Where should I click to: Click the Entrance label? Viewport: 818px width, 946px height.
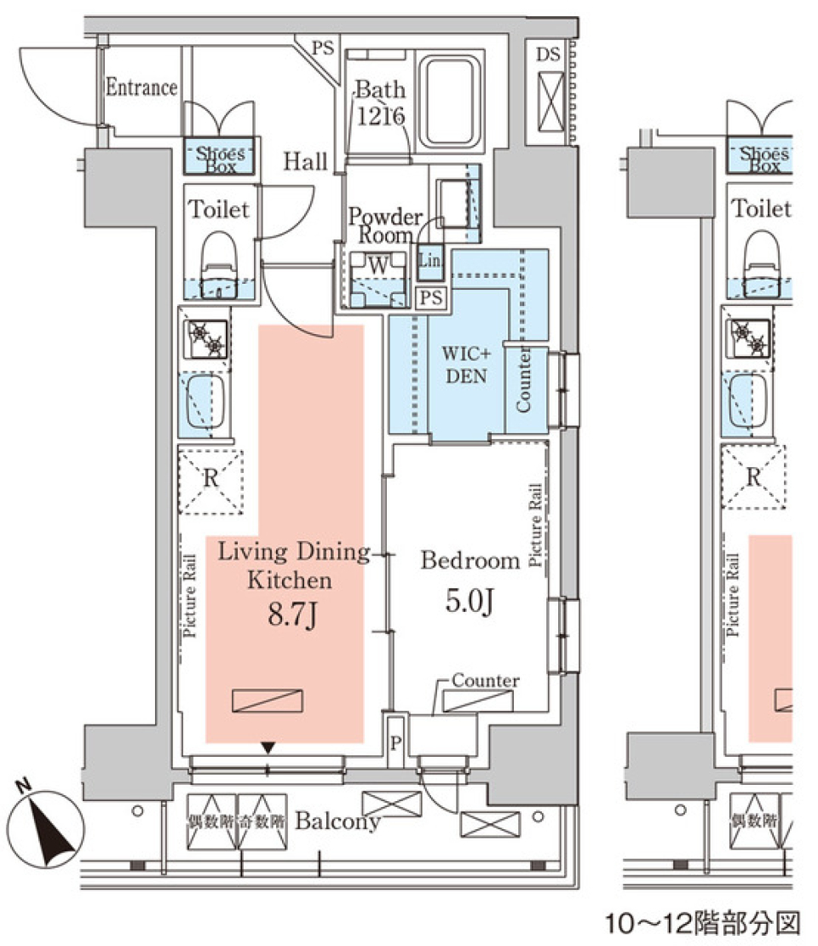point(141,87)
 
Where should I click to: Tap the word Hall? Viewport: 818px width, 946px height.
point(305,160)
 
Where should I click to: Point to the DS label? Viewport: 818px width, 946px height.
point(549,56)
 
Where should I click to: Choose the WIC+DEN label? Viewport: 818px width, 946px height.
point(464,363)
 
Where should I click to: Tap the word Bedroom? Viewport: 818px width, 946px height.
point(469,560)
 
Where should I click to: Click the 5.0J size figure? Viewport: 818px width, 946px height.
point(469,603)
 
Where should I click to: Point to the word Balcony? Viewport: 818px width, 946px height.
point(337,822)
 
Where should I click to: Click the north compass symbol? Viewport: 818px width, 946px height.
point(45,822)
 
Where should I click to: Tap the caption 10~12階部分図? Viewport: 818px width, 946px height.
point(703,922)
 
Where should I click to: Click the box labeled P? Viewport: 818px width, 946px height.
point(395,741)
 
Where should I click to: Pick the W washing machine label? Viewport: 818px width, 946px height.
point(377,265)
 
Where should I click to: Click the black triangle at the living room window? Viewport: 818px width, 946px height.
point(268,748)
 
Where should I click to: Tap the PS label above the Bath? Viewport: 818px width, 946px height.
point(322,48)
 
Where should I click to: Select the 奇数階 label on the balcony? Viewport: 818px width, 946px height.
point(262,822)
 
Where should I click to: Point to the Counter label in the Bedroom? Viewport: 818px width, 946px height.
point(485,680)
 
